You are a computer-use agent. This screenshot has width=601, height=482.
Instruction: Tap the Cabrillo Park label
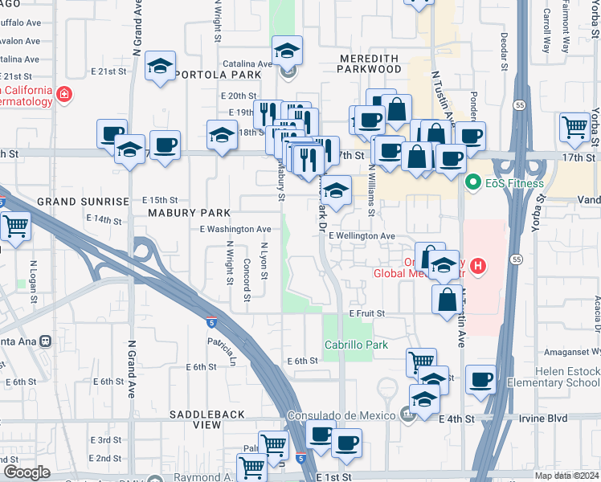click(x=356, y=345)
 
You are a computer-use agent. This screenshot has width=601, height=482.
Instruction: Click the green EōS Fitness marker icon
click(x=474, y=183)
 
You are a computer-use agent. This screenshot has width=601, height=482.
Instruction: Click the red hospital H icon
click(x=479, y=266)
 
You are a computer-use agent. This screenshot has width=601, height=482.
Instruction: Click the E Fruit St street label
click(x=367, y=313)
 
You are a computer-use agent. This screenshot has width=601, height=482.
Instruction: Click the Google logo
click(x=27, y=472)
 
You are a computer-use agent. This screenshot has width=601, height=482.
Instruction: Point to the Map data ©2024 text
click(x=566, y=476)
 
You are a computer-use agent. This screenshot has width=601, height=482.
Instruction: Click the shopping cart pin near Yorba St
click(x=575, y=127)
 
